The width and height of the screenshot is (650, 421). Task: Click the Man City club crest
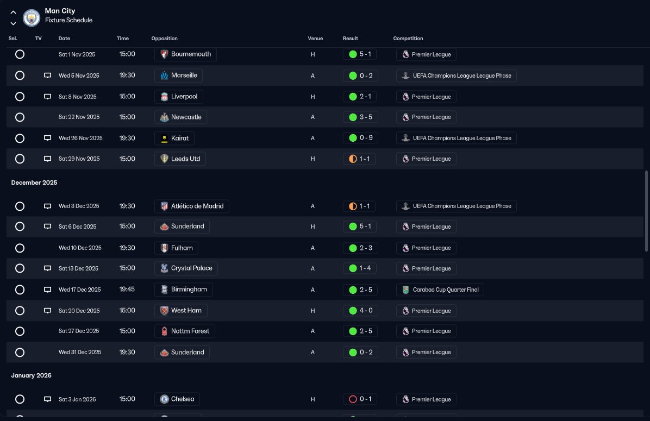[32, 18]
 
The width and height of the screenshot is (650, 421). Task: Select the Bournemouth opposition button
[185, 54]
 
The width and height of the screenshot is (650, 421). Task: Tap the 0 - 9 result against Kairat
[360, 138]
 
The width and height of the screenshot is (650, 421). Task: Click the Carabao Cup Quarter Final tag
[440, 290]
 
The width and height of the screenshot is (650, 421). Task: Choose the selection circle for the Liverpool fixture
[20, 97]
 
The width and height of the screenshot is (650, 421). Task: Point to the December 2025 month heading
[34, 183]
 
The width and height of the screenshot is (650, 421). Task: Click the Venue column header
[315, 39]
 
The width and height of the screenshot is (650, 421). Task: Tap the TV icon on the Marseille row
[48, 76]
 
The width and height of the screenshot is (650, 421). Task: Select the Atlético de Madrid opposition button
[191, 206]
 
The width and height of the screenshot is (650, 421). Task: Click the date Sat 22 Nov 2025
[79, 117]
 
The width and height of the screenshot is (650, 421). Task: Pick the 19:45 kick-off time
[127, 290]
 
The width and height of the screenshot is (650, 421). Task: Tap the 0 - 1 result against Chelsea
[360, 399]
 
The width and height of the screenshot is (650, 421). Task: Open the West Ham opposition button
[181, 311]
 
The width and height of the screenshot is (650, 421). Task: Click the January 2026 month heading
[31, 375]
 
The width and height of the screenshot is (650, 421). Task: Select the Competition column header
[408, 39]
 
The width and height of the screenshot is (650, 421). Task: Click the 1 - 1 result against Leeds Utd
[359, 159]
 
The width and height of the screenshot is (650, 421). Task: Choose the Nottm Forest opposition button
[184, 331]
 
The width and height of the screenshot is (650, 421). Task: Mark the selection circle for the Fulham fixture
[20, 248]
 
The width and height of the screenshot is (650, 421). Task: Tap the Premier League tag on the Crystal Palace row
[426, 268]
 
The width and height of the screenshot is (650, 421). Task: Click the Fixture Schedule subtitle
[69, 20]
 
